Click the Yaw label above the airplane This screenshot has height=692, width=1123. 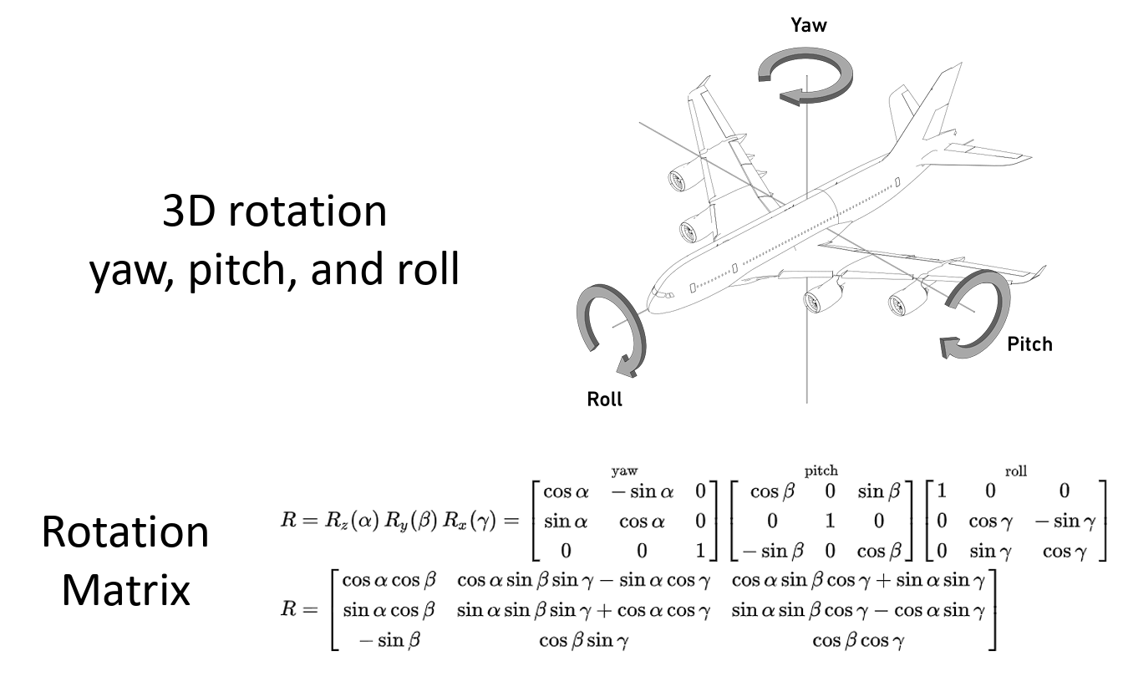pyautogui.click(x=808, y=25)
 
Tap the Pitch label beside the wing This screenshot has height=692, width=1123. pyautogui.click(x=1029, y=343)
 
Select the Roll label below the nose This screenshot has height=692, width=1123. pyautogui.click(x=604, y=399)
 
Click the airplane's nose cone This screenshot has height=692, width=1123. pyautogui.click(x=654, y=300)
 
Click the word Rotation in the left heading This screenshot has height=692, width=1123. pyautogui.click(x=125, y=532)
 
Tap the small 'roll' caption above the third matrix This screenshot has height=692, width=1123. pyautogui.click(x=1015, y=471)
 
